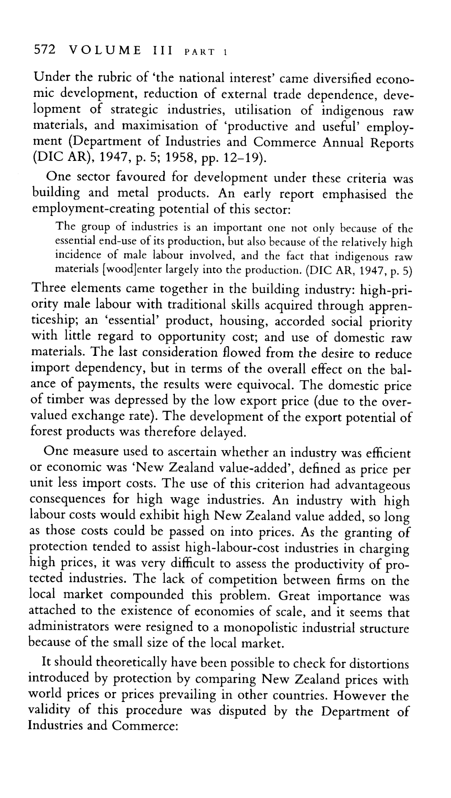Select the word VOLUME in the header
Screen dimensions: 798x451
tap(105, 51)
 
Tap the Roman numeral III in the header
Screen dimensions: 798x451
tap(161, 51)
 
